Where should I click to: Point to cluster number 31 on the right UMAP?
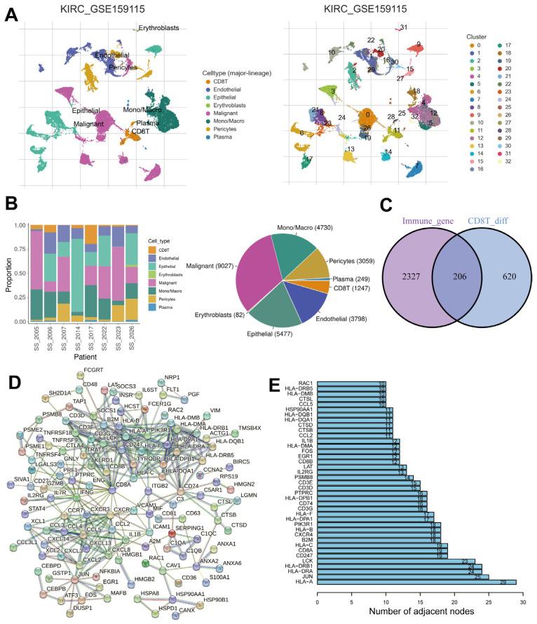click(x=404, y=27)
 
